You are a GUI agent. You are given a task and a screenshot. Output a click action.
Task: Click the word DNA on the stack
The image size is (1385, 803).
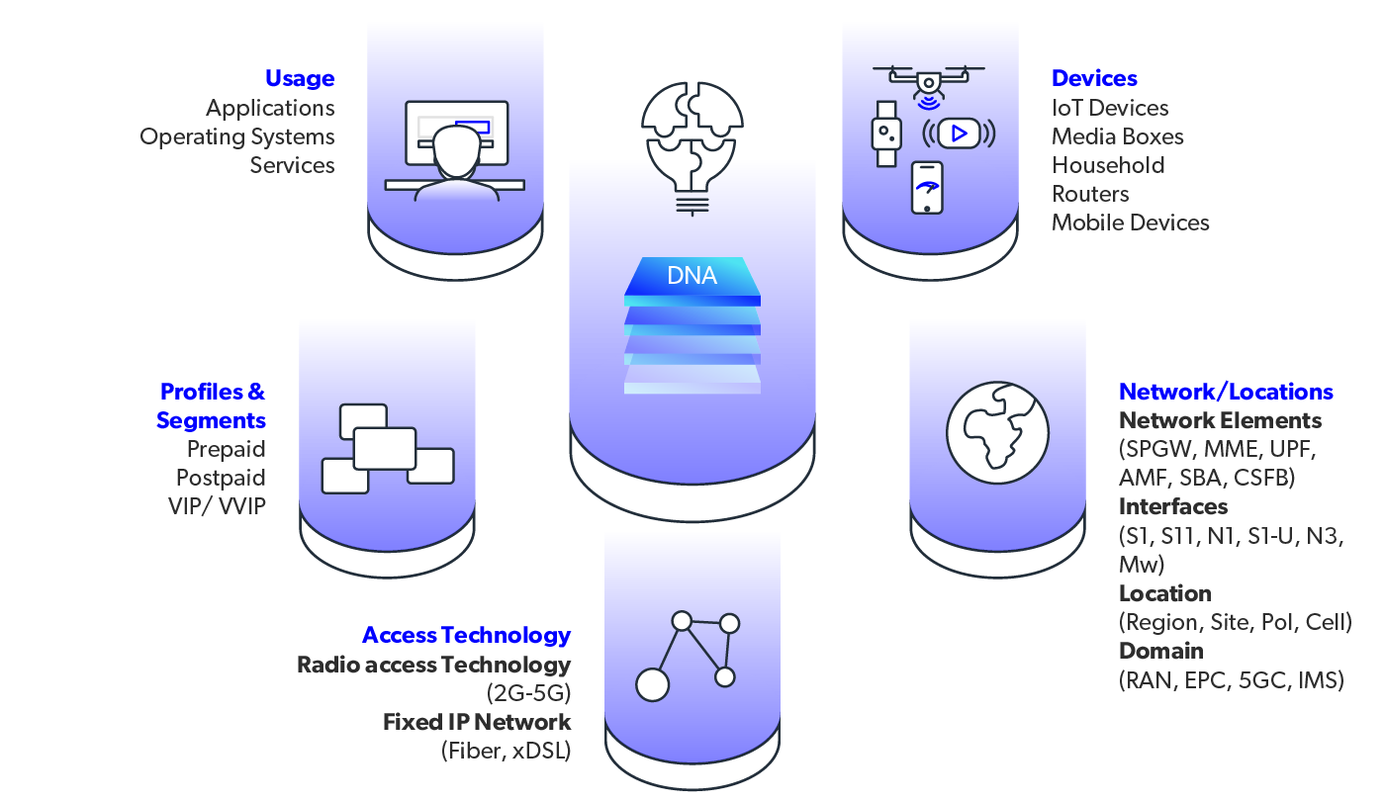692,276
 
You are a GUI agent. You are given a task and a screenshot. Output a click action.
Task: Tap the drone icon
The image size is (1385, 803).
928,79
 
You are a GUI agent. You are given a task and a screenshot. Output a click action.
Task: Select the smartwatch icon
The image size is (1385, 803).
886,134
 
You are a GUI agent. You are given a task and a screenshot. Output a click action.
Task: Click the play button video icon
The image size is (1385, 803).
959,133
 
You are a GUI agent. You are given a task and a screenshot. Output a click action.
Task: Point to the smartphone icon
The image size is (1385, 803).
927,187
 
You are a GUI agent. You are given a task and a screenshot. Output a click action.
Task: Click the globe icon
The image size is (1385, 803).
997,432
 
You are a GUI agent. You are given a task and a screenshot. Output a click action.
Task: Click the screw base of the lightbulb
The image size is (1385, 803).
692,202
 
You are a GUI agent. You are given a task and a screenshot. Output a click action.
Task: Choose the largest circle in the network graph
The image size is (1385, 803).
652,684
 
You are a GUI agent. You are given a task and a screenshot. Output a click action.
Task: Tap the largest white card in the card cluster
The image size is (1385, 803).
385,448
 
